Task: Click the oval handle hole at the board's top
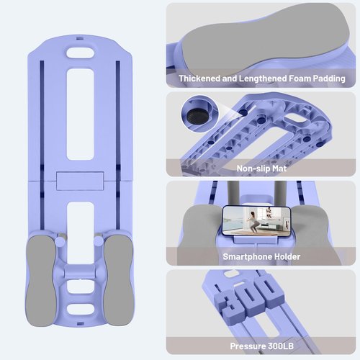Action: (x=81, y=53)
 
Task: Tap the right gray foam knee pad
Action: (x=119, y=280)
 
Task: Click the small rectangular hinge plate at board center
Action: (x=80, y=181)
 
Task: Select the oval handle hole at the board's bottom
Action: (x=81, y=310)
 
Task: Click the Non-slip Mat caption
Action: (x=261, y=168)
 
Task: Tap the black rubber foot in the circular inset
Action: (x=197, y=117)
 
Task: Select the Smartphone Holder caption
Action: (x=261, y=256)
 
